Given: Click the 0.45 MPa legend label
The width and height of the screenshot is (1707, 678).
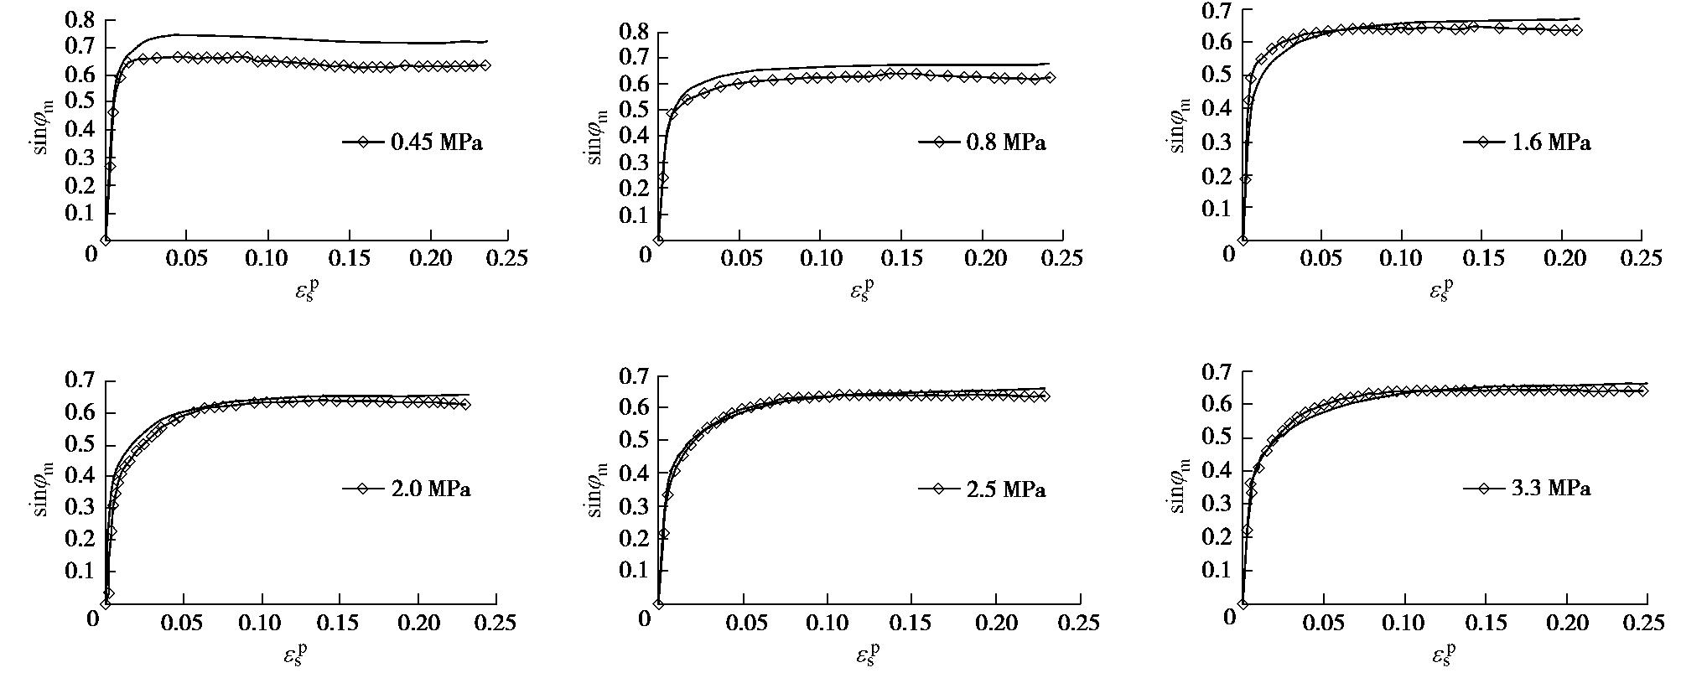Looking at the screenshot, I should [x=437, y=142].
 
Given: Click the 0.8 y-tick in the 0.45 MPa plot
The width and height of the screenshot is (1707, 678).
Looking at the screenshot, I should [x=76, y=20].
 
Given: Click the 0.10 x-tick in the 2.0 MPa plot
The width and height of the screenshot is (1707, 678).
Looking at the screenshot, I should [x=263, y=623].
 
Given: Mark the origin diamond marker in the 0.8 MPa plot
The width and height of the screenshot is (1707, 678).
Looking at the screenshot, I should [x=658, y=240].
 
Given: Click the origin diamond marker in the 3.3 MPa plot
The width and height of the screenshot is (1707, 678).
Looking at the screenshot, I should [x=1243, y=603].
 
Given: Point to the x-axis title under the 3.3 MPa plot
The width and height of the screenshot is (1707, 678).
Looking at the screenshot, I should [x=1440, y=654].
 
